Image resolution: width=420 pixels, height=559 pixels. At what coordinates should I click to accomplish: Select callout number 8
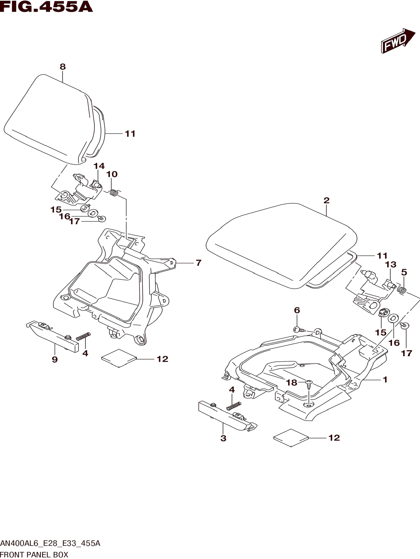click(x=63, y=67)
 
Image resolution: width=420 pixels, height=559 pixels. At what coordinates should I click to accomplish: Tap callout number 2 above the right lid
click(x=326, y=200)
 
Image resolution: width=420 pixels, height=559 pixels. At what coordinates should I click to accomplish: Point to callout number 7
click(x=199, y=263)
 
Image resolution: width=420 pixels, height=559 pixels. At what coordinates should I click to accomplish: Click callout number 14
click(x=99, y=166)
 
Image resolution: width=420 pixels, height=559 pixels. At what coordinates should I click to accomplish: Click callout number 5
click(x=404, y=272)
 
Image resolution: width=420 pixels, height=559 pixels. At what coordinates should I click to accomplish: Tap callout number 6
click(x=297, y=310)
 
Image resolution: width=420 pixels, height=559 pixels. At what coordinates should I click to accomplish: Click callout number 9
click(x=55, y=359)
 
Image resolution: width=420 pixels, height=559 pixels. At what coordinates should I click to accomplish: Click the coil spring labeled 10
click(x=114, y=193)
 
